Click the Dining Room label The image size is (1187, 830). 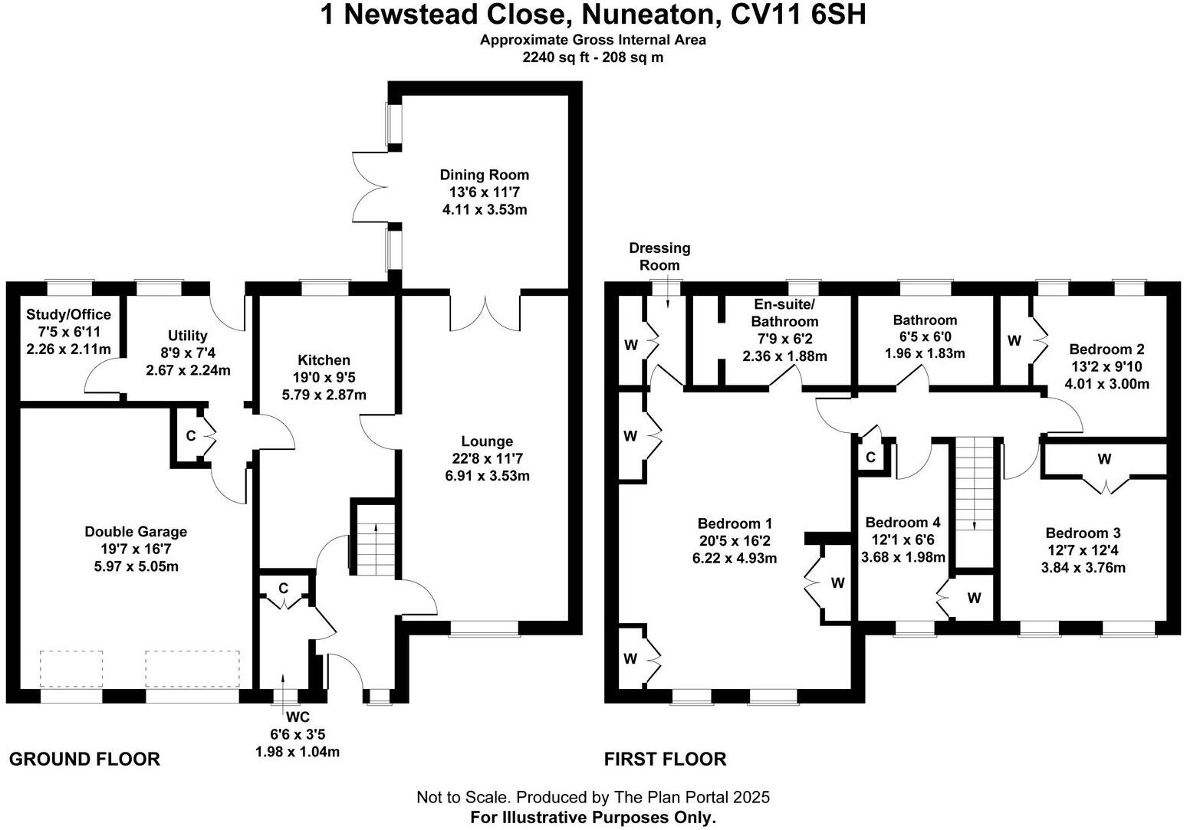click(484, 175)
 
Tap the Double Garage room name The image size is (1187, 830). click(136, 532)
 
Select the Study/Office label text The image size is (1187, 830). click(68, 315)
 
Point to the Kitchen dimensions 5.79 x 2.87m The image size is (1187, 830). click(324, 395)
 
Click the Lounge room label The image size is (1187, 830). click(487, 441)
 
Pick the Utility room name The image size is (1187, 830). click(188, 336)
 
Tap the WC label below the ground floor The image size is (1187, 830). click(297, 717)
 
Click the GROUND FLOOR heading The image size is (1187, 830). click(84, 759)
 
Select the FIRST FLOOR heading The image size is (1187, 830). click(665, 759)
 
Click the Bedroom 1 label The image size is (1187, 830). click(735, 523)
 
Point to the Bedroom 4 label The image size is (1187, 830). click(903, 523)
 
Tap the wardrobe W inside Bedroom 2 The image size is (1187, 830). click(1014, 340)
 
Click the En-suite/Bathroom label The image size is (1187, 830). click(784, 313)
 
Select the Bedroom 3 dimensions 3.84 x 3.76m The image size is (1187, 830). click(1083, 568)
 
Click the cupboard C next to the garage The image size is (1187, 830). click(191, 436)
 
